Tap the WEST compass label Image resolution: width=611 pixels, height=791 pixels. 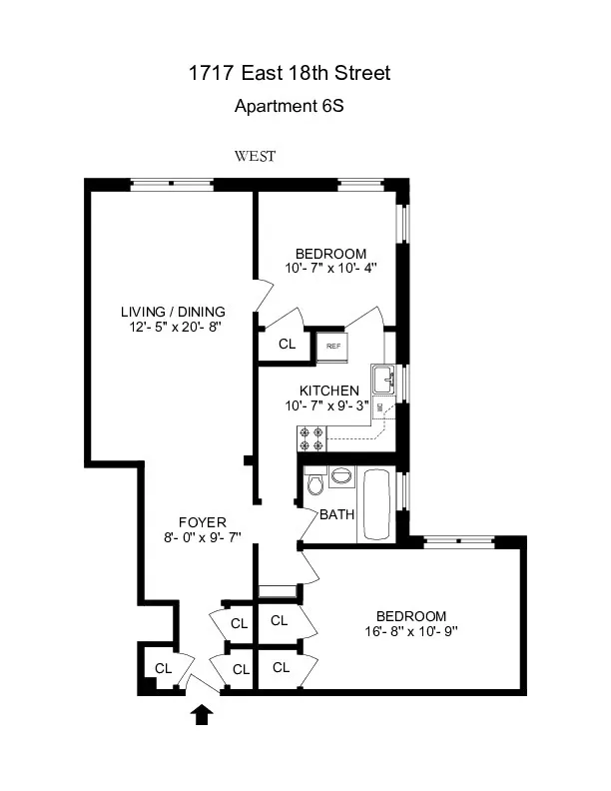pyautogui.click(x=255, y=156)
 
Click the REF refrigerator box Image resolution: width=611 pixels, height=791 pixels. pyautogui.click(x=332, y=346)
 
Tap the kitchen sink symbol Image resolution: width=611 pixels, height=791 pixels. pyautogui.click(x=382, y=379)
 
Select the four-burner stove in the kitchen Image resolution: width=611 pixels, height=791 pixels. pyautogui.click(x=311, y=436)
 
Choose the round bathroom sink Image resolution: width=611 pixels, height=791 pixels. pyautogui.click(x=341, y=476)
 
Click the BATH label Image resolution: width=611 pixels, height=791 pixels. pyautogui.click(x=336, y=515)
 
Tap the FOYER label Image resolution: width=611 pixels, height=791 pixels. pyautogui.click(x=202, y=522)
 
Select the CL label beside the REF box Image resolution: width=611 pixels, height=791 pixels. pyautogui.click(x=287, y=345)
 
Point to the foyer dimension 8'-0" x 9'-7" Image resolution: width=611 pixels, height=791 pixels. pyautogui.click(x=202, y=538)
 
